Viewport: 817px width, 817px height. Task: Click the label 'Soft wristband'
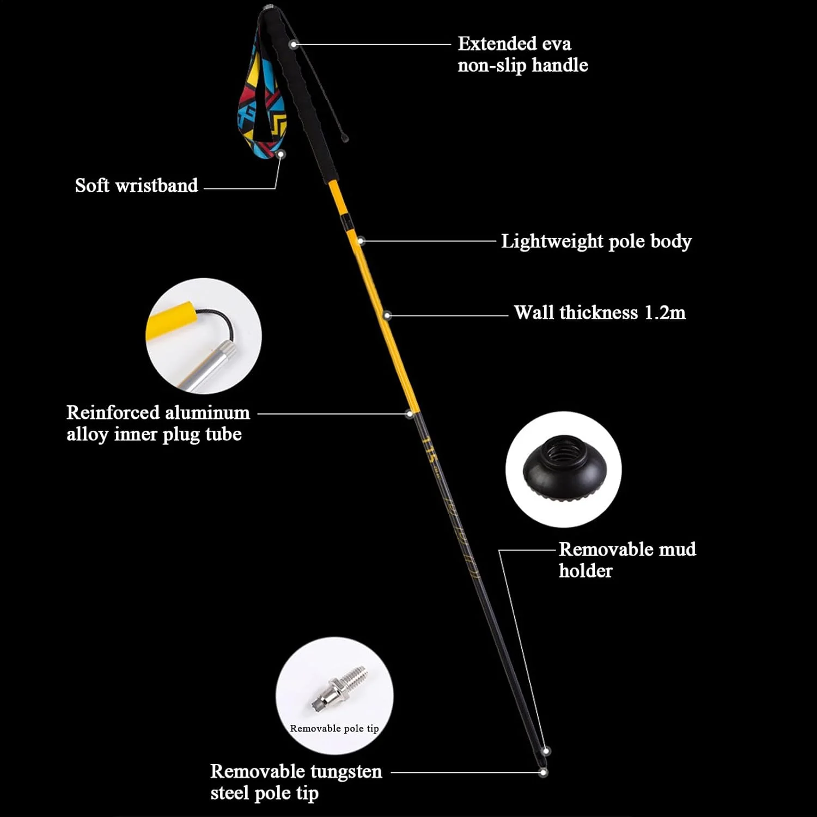pyautogui.click(x=137, y=186)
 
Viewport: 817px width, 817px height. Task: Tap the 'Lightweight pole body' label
pyautogui.click(x=596, y=241)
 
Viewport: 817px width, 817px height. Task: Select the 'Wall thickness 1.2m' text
pyautogui.click(x=600, y=313)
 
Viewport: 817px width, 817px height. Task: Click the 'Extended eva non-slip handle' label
pyautogui.click(x=523, y=54)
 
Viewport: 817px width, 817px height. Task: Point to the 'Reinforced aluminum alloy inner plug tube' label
pyautogui.click(x=158, y=423)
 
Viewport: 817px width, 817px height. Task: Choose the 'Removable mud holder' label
pyautogui.click(x=627, y=560)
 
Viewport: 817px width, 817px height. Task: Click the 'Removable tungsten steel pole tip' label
pyautogui.click(x=296, y=782)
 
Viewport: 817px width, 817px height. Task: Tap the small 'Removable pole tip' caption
pyautogui.click(x=334, y=728)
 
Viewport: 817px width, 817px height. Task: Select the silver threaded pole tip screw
pyautogui.click(x=339, y=688)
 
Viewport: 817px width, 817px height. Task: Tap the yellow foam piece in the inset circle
pyautogui.click(x=171, y=321)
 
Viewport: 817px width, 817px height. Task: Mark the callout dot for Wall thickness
pyautogui.click(x=387, y=315)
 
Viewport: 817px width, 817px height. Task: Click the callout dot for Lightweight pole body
pyautogui.click(x=361, y=241)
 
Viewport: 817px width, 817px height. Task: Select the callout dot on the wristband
pyautogui.click(x=281, y=155)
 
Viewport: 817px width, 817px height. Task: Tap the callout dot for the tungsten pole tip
pyautogui.click(x=543, y=772)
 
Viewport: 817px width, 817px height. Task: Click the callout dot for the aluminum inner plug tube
pyautogui.click(x=410, y=414)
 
